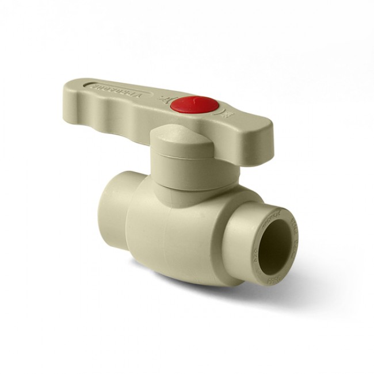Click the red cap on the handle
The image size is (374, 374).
coord(201,105)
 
